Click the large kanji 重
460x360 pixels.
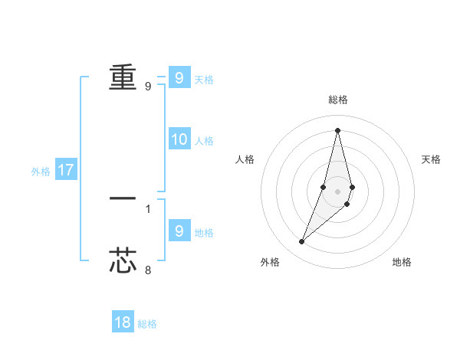(123, 77)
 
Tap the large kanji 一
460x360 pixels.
(123, 198)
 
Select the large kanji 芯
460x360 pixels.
(123, 260)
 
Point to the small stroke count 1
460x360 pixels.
(148, 208)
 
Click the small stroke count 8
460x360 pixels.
(148, 270)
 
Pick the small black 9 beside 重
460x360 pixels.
(148, 87)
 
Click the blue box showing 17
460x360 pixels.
(66, 170)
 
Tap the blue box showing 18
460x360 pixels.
(123, 322)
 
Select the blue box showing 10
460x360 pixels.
(179, 139)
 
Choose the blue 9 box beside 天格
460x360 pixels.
(179, 78)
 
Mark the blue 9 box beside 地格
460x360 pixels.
(179, 231)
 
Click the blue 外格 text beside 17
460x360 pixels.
(41, 172)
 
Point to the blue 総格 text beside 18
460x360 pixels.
(147, 324)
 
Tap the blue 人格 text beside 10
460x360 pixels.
(204, 141)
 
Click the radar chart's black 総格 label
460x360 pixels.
(338, 100)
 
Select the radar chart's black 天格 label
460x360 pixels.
(432, 159)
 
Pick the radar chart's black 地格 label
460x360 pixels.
(402, 262)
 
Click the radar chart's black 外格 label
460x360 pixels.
(270, 262)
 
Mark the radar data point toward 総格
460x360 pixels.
(337, 129)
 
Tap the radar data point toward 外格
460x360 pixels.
(302, 242)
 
